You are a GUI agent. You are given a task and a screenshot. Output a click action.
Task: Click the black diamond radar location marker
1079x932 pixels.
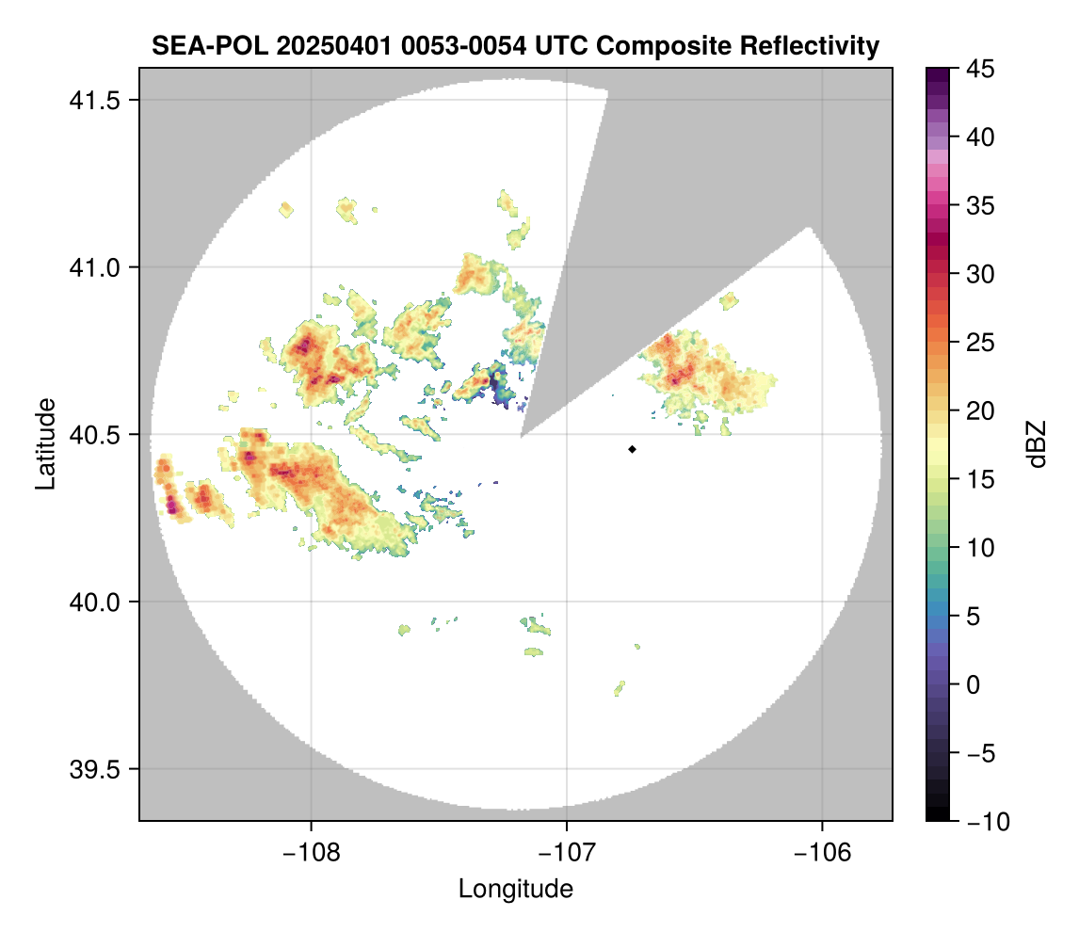632,449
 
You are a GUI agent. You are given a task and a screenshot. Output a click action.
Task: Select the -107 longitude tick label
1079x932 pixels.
567,852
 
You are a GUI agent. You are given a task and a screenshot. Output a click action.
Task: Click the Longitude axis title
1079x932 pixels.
516,889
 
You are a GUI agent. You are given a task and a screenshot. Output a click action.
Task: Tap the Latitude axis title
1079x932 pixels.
44,443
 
